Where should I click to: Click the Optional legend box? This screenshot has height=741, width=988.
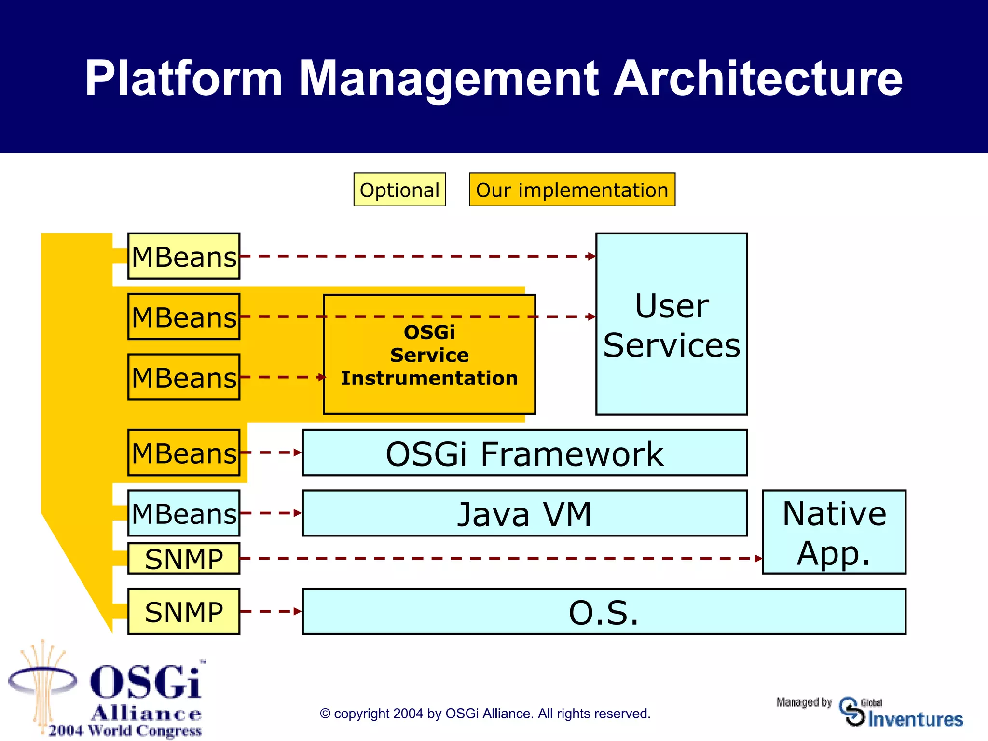coord(399,190)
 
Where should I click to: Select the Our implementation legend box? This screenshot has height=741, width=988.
coord(572,190)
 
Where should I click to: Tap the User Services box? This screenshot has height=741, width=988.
coord(671,324)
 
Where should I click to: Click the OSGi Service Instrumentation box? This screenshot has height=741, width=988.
coord(429,355)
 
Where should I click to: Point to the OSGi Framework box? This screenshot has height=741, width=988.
coord(524,453)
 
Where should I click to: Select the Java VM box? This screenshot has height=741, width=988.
coord(524,513)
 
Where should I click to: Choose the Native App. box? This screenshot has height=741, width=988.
coord(834,532)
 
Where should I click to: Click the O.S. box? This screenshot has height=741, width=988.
coord(604,611)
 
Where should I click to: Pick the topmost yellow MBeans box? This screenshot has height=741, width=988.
coord(184,256)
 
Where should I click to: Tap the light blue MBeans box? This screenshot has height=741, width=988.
coord(184,513)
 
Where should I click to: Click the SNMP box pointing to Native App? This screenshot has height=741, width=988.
coord(184,559)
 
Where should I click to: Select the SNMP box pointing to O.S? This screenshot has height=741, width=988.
coord(184,611)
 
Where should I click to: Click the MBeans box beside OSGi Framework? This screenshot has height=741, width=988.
coord(184,453)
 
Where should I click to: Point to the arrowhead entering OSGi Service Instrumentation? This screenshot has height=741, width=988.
coord(322,377)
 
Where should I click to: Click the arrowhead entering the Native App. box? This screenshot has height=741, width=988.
coord(759,559)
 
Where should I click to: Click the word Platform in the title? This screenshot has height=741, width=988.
coord(183,78)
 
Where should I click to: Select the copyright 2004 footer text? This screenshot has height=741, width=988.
coord(485,714)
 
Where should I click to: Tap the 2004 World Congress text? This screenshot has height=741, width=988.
coord(125,731)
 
